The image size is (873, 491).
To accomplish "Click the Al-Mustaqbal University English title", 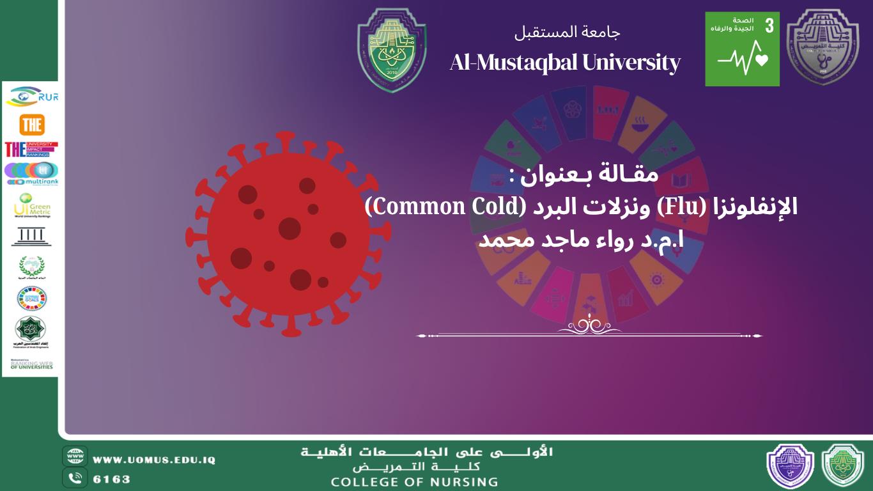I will point(565,63).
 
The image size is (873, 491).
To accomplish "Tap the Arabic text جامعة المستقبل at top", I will point(568,31).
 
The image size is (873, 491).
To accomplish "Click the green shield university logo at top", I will point(391,50).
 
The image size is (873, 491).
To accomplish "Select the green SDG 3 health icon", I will point(742,49).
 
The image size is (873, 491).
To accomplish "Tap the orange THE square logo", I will point(31,125).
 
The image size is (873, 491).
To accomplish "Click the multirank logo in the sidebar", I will point(31,173).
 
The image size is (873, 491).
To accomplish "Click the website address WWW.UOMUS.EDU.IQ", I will point(154,460).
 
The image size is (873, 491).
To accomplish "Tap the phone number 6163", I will point(112,479).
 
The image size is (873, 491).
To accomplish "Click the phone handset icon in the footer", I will point(75,478).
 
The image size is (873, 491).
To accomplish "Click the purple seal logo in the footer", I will point(790,465).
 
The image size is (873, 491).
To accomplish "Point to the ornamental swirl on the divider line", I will point(589,326).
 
